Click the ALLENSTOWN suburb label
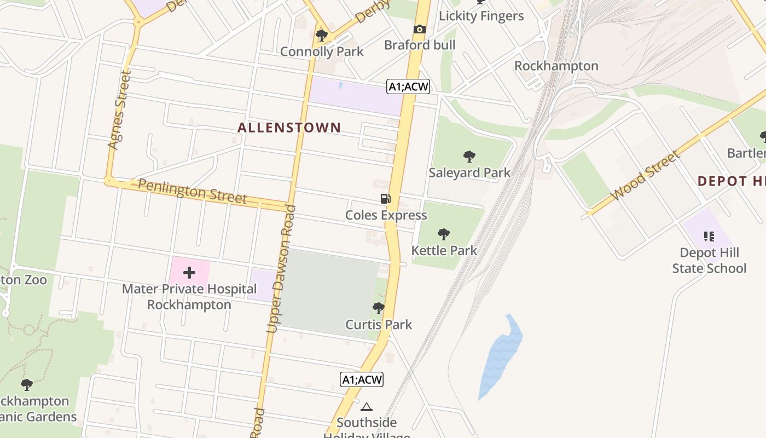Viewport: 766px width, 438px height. point(289,128)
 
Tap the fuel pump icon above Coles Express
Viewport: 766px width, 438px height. point(386,199)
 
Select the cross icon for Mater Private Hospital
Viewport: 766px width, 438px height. point(189,273)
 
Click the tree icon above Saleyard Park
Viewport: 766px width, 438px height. point(469,157)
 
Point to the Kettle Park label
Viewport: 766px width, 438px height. point(444,251)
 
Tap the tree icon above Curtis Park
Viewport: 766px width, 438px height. point(378,308)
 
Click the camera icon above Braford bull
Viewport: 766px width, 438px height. point(420,30)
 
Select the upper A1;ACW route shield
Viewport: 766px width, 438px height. point(408,87)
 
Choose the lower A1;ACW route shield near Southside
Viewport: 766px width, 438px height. point(362,379)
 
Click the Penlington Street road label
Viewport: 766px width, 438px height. point(192,191)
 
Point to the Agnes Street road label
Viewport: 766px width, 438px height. point(119,109)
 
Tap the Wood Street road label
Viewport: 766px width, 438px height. point(646,175)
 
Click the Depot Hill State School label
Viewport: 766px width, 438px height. point(709,261)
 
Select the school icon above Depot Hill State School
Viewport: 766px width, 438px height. point(709,237)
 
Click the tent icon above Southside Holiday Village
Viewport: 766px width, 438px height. point(367,407)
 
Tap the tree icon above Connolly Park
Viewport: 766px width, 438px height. point(322,36)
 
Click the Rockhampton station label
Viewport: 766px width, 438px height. point(556,66)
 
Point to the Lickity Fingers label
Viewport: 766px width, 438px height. point(481,16)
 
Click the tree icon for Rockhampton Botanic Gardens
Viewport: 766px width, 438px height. point(26,385)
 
